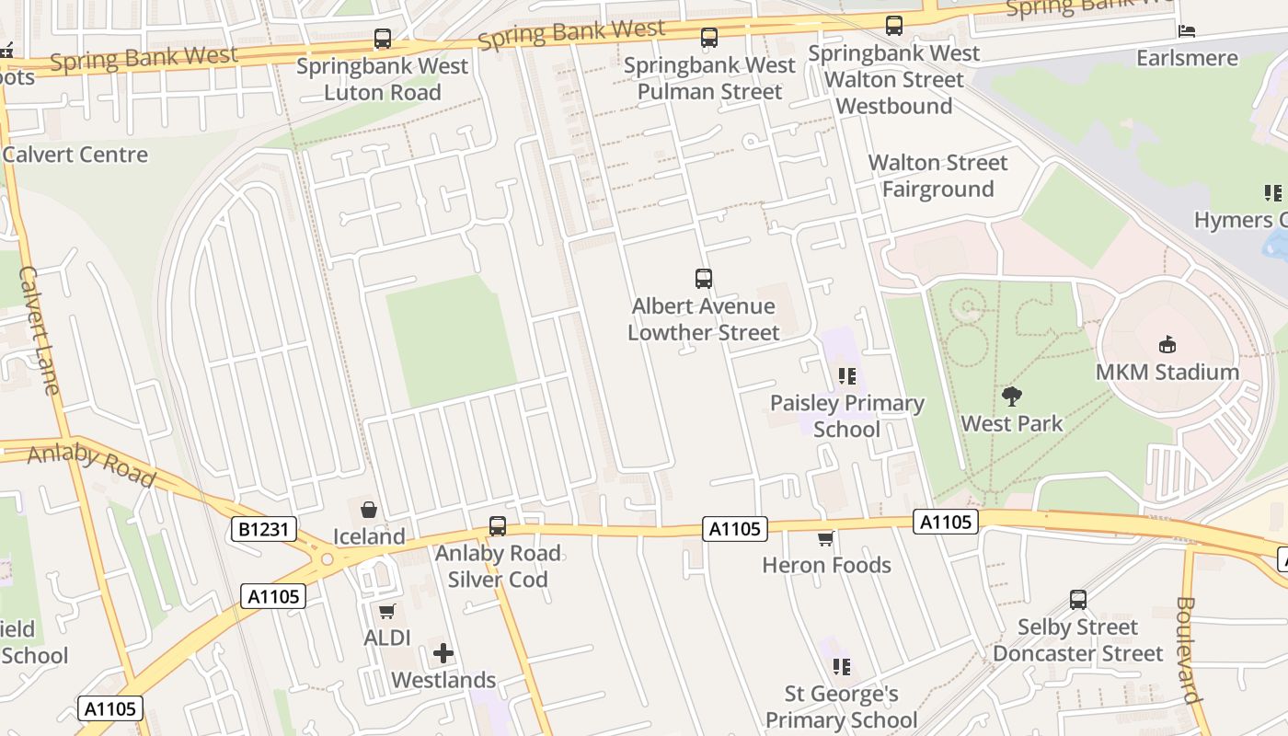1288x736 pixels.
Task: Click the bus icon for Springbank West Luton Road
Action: (x=383, y=40)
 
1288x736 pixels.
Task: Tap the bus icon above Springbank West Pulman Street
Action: (x=708, y=38)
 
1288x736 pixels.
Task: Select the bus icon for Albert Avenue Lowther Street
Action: (x=704, y=279)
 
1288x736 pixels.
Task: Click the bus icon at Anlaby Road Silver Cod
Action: (x=498, y=526)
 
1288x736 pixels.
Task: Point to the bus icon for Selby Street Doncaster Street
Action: (x=1078, y=600)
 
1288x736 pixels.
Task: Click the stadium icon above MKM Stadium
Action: (x=1167, y=345)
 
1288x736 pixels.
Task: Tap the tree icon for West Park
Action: (x=1012, y=397)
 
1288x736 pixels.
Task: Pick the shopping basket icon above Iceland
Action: (x=369, y=510)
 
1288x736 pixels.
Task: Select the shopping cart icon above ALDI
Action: (x=387, y=611)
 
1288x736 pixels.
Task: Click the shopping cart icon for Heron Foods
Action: (x=826, y=538)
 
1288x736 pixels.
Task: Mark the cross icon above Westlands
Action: (x=443, y=653)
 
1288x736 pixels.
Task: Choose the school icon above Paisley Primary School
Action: (x=847, y=376)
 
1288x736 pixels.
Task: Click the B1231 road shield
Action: (x=263, y=529)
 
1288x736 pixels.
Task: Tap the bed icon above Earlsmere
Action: (x=1187, y=31)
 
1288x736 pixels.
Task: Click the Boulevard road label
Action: (x=1189, y=650)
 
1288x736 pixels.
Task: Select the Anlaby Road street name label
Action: (x=91, y=465)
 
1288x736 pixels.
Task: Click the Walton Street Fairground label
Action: (x=937, y=176)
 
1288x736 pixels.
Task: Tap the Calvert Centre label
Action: (x=75, y=155)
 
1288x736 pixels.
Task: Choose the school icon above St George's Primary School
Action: (x=841, y=667)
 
